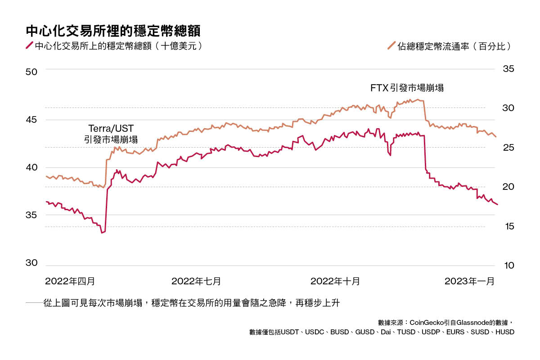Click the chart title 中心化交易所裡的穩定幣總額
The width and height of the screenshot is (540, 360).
point(112,31)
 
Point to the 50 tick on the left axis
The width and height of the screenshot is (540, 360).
point(32,72)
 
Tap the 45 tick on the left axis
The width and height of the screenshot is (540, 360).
point(32,120)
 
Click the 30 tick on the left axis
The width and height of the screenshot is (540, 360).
point(32,263)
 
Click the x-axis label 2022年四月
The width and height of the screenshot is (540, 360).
point(70,281)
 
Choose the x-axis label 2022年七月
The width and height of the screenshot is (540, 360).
point(196,281)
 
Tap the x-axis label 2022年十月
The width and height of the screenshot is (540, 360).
point(335,281)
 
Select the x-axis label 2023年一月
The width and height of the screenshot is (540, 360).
point(469,281)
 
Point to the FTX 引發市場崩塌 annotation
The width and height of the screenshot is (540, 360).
point(407,88)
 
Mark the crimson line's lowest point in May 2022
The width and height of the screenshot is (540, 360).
point(102,233)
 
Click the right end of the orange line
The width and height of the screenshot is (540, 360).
point(496,137)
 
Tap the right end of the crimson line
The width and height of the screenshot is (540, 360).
point(497,205)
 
